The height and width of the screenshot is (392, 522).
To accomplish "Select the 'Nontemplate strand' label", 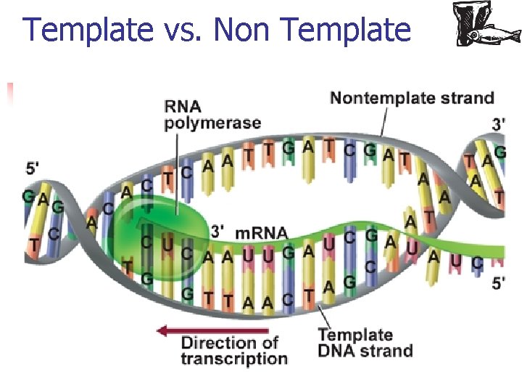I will tap(412, 98).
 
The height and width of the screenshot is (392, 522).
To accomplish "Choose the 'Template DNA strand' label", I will tap(365, 343).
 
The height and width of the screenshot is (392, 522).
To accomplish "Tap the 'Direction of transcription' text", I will tap(233, 350).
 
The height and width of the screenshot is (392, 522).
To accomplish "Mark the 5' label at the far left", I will tap(33, 168).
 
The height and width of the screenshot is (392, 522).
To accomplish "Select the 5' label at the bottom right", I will tap(500, 284).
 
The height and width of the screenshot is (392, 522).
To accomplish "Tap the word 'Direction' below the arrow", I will tap(229, 342).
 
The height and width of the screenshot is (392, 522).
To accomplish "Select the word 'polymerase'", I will tap(212, 122).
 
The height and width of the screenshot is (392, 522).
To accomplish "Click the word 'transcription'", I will tap(233, 359).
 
